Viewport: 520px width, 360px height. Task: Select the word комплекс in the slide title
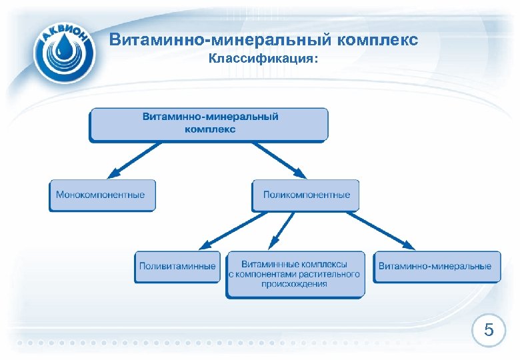coord(379,40)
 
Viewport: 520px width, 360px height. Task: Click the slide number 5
coord(489,330)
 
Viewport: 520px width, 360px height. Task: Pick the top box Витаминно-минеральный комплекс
coord(209,123)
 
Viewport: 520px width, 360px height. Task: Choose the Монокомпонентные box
coord(101,195)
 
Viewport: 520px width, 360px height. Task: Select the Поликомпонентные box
coord(306,195)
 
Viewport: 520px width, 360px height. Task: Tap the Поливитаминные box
coord(177,266)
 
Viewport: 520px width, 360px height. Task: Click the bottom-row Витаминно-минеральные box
coord(436,266)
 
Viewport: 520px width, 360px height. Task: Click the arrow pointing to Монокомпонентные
coord(133,161)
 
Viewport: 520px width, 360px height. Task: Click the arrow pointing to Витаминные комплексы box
coord(283,229)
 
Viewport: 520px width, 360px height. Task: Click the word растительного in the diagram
coord(330,274)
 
